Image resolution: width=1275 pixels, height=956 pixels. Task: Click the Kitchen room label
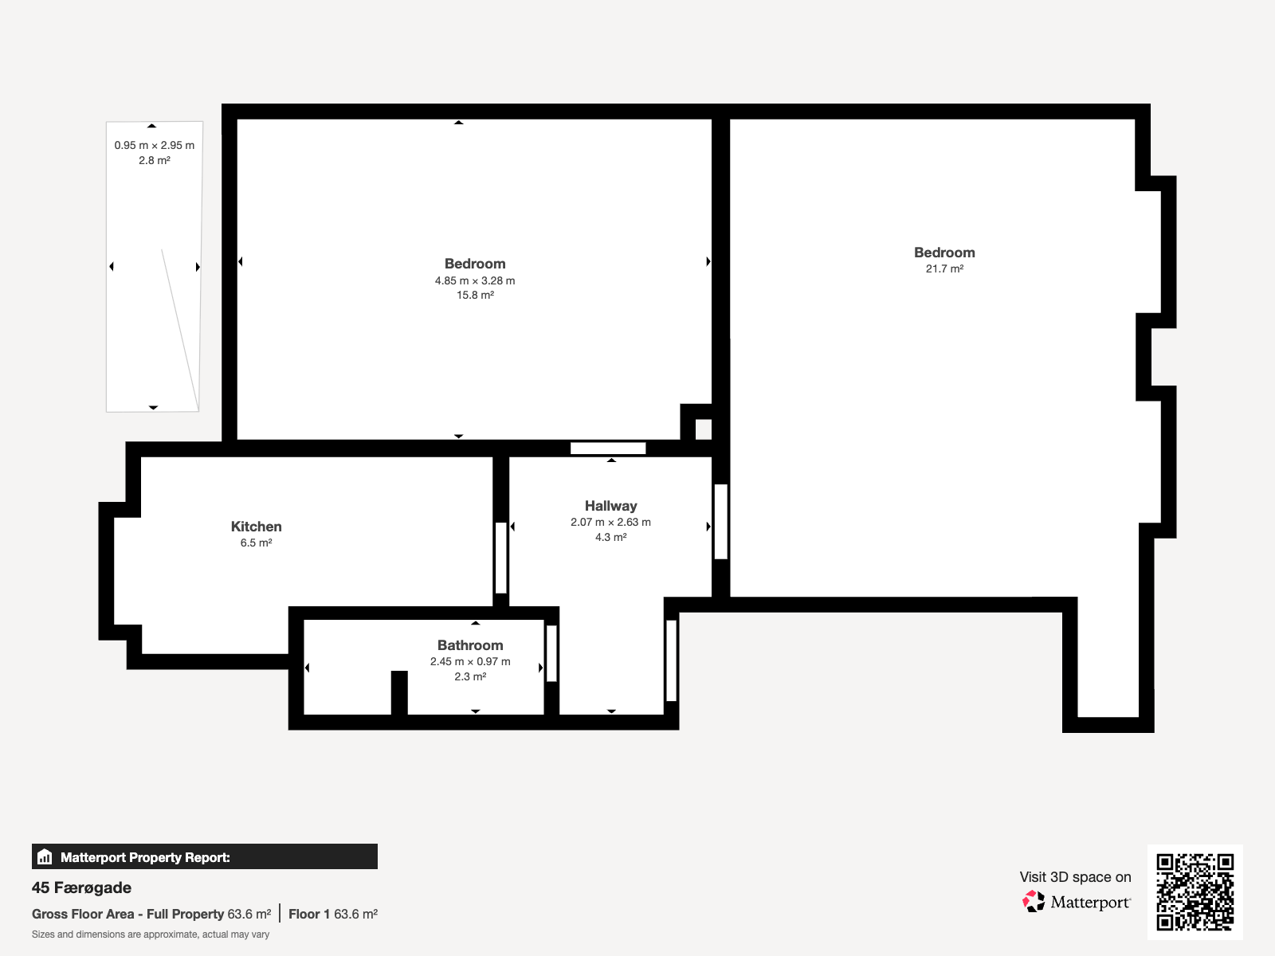point(256,527)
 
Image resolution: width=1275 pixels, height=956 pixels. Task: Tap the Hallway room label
point(610,506)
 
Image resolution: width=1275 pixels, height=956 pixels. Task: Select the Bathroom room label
point(470,645)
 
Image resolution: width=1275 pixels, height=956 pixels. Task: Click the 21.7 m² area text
point(944,268)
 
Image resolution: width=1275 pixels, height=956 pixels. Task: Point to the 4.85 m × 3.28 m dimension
point(475,281)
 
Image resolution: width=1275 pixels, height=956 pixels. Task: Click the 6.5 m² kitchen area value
point(256,543)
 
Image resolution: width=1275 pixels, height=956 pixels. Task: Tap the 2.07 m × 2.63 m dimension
point(610,523)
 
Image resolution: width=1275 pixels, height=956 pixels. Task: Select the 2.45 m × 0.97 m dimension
point(470,662)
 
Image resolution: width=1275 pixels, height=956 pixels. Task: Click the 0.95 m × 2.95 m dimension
point(154,146)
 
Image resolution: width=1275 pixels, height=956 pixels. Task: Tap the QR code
point(1195,891)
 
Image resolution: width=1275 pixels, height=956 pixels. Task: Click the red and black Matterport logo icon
point(1034,902)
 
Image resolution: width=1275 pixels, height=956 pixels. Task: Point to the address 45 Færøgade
point(81,887)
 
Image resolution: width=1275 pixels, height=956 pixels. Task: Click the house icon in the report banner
point(45,856)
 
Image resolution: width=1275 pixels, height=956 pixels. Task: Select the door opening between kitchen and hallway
point(500,558)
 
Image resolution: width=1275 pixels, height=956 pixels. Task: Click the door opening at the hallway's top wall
point(608,448)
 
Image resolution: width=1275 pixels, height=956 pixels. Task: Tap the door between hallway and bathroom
point(551,653)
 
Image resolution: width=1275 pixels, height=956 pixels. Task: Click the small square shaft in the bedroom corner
point(704,429)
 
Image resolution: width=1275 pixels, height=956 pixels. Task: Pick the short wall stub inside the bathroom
point(399,692)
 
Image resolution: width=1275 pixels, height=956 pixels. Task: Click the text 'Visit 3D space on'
point(1075,877)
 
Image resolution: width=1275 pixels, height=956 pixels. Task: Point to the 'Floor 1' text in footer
point(309,915)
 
